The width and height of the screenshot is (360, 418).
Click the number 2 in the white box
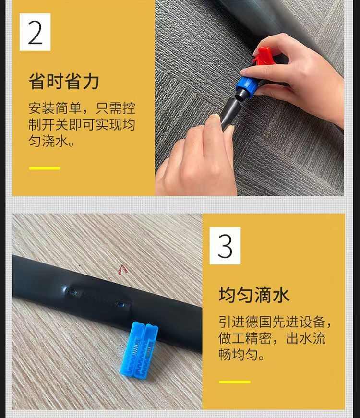coord(35,33)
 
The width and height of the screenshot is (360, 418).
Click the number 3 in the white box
coord(225,246)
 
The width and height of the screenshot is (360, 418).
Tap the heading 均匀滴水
coord(254,294)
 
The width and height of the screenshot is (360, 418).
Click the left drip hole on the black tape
coord(73,291)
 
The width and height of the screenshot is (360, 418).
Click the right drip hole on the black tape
coord(121,304)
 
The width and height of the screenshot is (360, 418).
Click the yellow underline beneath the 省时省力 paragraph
coord(45,168)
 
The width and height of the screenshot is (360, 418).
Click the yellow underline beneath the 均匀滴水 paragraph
coord(235,382)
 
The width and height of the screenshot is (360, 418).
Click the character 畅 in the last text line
coord(225,356)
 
